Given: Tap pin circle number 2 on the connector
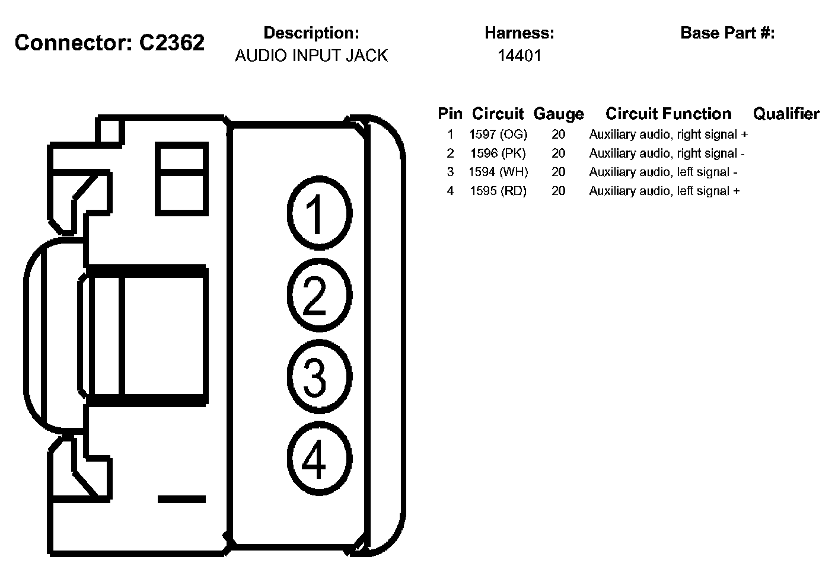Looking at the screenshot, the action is pos(319,295).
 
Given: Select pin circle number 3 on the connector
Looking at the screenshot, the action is pos(319,376).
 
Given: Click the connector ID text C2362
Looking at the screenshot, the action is pos(172,43).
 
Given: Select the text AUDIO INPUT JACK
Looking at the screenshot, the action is pos(311,56).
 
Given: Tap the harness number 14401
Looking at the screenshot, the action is pos(520,56).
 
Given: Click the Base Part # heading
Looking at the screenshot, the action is pos(728,33).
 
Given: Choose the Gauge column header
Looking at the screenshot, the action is pos(559,114).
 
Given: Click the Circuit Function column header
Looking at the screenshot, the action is pos(668,114).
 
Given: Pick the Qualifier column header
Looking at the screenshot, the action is pos(786,114).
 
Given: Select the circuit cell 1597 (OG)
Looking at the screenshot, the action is pos(498,135).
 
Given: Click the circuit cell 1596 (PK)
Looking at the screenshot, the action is pos(498,153).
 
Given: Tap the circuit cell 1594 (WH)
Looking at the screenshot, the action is pos(498,172).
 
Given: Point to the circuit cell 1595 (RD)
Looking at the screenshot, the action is pos(498,191).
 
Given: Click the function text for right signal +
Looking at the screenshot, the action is pos(668,135).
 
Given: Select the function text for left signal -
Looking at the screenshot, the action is pos(663,172).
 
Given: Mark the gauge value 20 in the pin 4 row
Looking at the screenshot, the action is pos(559,191).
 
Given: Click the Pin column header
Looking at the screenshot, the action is pos(450,114).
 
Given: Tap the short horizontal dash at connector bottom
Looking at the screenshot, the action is pos(181,499).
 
